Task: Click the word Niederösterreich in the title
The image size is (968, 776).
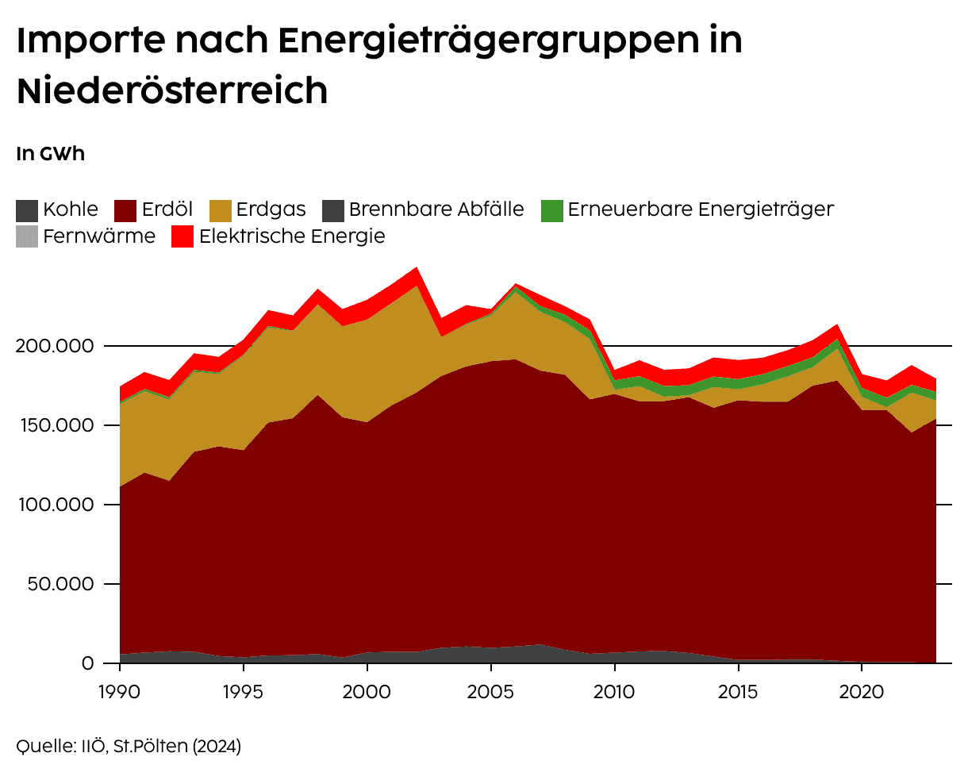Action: [172, 90]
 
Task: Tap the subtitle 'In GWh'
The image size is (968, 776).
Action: [50, 154]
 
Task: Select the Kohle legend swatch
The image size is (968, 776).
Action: [27, 210]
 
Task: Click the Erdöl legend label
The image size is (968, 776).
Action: [167, 209]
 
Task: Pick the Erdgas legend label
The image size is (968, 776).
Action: [271, 209]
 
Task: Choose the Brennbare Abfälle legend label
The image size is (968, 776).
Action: [436, 209]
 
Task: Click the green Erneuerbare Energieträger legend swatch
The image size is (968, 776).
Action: [552, 210]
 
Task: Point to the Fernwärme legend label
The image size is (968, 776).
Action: [99, 236]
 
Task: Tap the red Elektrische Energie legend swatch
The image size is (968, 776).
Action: [183, 236]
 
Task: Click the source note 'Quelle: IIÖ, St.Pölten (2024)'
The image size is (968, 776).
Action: [129, 746]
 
